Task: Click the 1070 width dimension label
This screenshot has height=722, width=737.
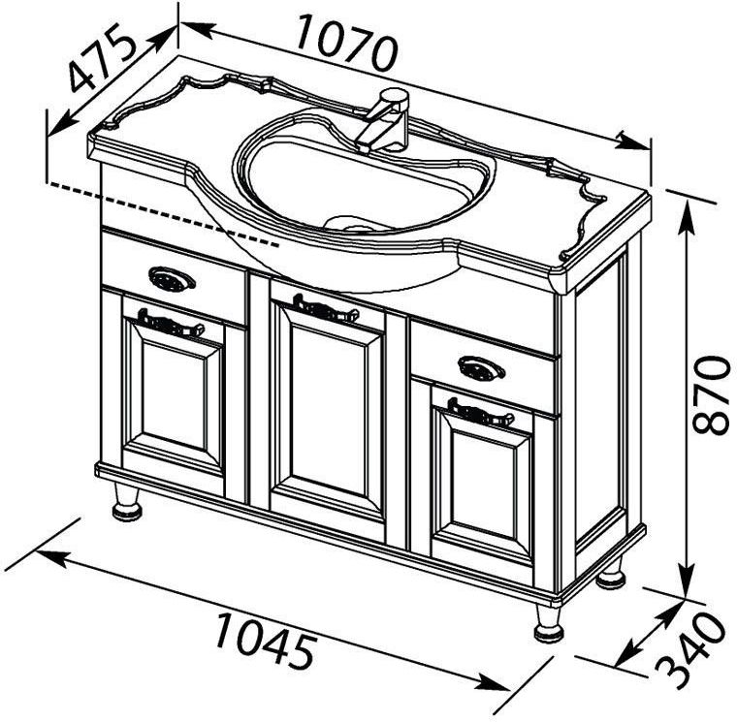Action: pos(347,42)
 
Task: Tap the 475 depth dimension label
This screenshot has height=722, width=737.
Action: pos(102,61)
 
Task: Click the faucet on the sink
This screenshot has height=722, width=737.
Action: pos(383,119)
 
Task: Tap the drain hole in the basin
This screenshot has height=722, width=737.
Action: pos(349,225)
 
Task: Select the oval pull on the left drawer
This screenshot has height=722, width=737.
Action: pos(172,278)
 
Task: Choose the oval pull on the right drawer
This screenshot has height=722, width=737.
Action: pos(481,367)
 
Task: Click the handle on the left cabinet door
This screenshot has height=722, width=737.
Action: pos(171,323)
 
